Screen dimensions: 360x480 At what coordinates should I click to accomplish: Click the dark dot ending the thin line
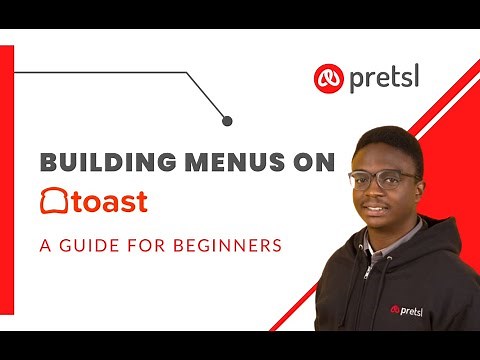tap(227, 121)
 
